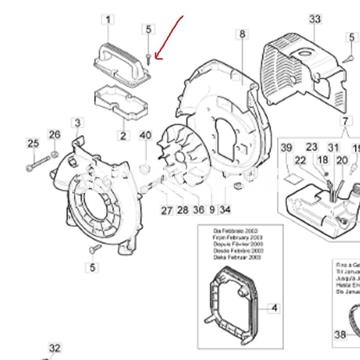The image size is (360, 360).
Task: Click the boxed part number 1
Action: point(110,19)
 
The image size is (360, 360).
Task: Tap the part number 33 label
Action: point(288,19)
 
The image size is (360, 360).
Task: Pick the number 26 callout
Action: point(54,135)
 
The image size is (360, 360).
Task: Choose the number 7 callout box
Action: point(347,120)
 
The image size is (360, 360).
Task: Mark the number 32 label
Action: point(54,348)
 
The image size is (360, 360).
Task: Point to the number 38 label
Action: point(340,334)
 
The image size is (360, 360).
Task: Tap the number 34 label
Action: point(227,210)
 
